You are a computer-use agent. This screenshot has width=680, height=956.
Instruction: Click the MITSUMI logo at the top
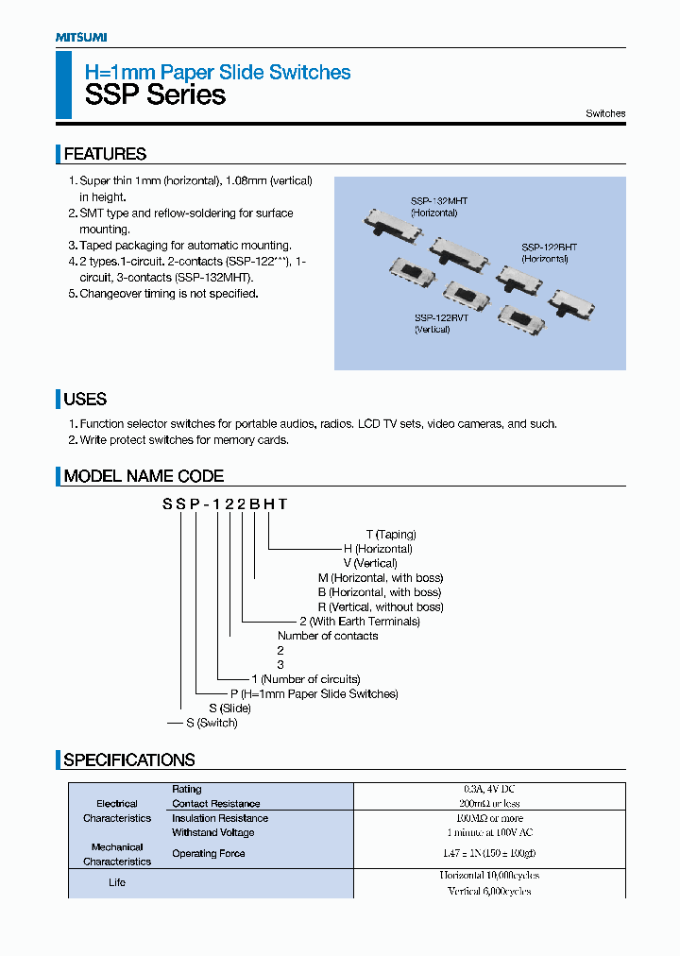coord(80,37)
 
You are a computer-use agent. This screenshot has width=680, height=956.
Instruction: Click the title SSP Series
coord(155,94)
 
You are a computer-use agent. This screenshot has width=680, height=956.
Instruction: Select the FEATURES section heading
coord(104,154)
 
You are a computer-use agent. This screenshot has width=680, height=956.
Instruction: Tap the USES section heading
coord(85,399)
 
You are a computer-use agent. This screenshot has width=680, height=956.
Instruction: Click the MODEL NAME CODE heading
coord(144,476)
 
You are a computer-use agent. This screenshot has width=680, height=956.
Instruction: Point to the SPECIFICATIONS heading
coord(128,760)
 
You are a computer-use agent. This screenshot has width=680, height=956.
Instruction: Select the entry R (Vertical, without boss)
coord(381,606)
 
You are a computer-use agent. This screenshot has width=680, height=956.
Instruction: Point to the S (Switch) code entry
coord(211,723)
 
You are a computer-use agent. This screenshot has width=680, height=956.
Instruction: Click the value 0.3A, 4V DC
coord(488,789)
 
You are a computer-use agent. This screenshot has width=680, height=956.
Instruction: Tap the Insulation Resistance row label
coord(219,818)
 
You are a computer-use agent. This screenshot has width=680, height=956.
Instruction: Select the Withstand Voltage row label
coord(212,832)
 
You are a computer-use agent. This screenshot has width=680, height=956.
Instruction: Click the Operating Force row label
coord(208,853)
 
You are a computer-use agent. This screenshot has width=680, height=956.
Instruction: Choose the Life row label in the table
coord(116,882)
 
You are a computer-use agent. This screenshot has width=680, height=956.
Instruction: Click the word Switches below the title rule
coord(605,113)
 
